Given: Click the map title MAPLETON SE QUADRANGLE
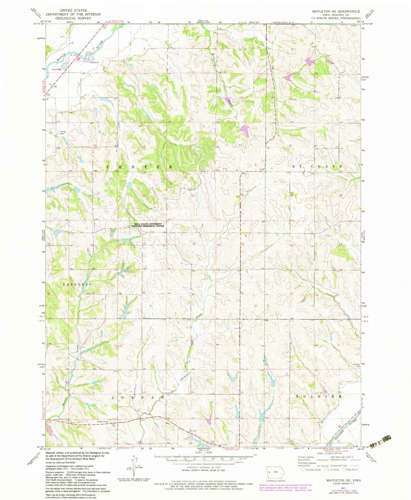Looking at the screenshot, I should click(x=336, y=11).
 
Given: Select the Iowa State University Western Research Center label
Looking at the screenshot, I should click(x=148, y=225).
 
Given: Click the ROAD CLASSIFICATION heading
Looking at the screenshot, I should click(x=329, y=453).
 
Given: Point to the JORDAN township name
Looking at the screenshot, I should click(x=138, y=397).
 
